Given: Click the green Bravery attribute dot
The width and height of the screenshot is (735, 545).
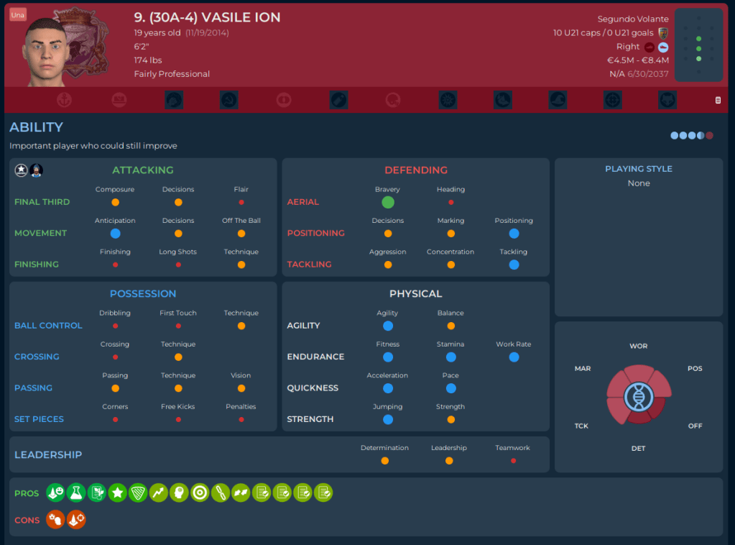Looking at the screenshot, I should [388, 202].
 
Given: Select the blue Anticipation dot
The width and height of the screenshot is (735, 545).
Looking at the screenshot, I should [115, 234].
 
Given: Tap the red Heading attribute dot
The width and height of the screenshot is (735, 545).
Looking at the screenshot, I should [450, 203].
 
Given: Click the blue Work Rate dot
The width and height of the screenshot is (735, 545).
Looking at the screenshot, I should [514, 357].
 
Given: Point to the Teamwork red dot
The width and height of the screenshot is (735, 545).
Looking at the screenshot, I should [513, 460].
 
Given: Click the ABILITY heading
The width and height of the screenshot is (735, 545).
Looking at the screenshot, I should [36, 127].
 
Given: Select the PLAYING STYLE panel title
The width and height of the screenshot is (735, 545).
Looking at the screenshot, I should [639, 169].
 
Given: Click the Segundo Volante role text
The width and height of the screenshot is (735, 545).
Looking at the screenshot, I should [633, 19].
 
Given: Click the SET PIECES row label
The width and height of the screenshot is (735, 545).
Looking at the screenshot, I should [39, 419].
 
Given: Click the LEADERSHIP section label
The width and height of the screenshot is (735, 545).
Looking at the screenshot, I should [48, 454].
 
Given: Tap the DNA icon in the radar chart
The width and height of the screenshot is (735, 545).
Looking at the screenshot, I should [638, 396].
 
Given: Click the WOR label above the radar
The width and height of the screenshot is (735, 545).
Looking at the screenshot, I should [638, 347].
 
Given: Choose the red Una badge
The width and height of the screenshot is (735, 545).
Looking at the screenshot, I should [18, 15].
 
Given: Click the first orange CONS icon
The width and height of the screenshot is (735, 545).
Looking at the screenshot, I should [55, 519].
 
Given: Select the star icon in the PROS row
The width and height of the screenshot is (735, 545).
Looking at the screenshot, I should [117, 493].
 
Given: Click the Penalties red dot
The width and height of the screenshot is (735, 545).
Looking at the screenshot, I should [241, 419].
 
